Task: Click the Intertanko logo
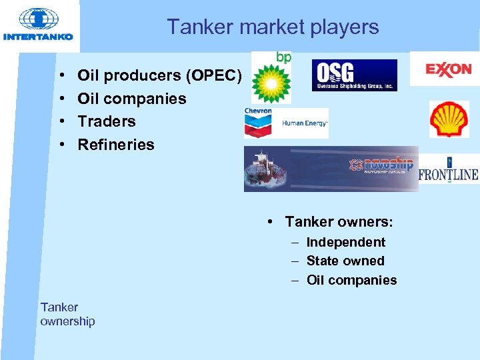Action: point(38,25)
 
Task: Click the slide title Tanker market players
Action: point(273,27)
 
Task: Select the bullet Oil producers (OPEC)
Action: point(159,75)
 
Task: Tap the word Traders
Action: point(107,121)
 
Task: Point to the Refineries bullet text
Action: point(116,145)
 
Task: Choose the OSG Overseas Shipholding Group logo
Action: point(354,75)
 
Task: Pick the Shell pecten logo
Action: point(449,119)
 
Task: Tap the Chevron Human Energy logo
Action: point(286,122)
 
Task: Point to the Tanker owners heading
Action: point(339,221)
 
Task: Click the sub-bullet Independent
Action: point(345,242)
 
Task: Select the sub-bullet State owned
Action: point(345,261)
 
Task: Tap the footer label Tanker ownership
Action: point(67,314)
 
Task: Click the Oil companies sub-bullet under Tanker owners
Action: point(351,280)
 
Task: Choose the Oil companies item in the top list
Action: point(132,99)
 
